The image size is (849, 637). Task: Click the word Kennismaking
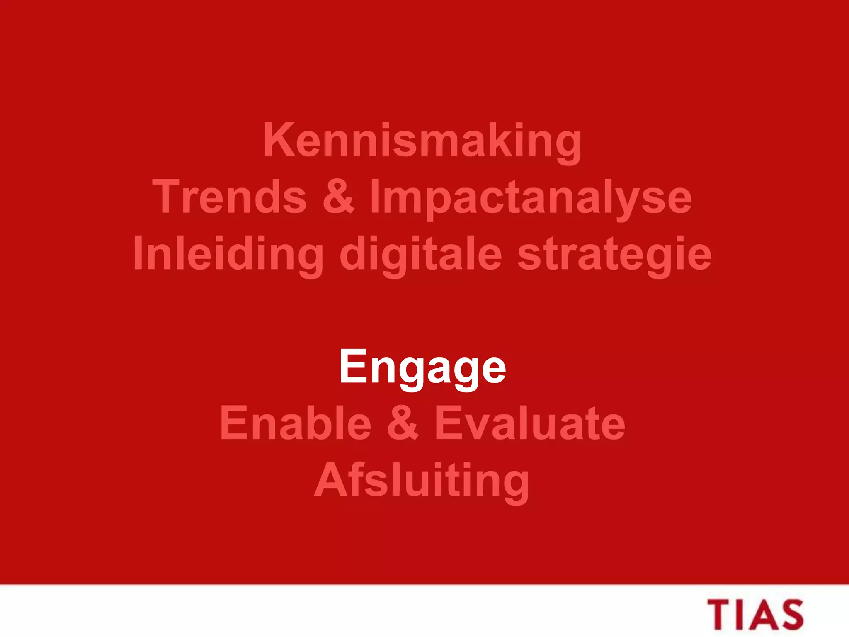click(422, 141)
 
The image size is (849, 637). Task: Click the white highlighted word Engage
click(422, 367)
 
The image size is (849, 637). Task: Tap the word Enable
click(296, 423)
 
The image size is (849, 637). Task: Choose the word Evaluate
click(530, 423)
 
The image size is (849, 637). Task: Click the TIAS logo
click(755, 615)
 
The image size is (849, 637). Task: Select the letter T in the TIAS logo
click(721, 615)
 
